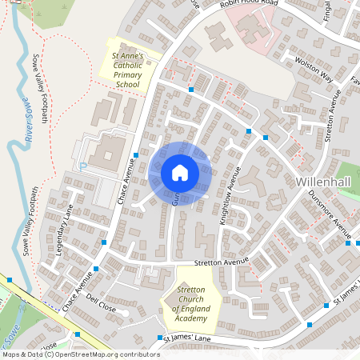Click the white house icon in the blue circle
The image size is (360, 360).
179,172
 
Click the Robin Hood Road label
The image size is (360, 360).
250,4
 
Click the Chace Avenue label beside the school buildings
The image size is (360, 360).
124,181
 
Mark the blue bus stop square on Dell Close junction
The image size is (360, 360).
97,270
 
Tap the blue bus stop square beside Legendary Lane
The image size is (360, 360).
104,242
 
